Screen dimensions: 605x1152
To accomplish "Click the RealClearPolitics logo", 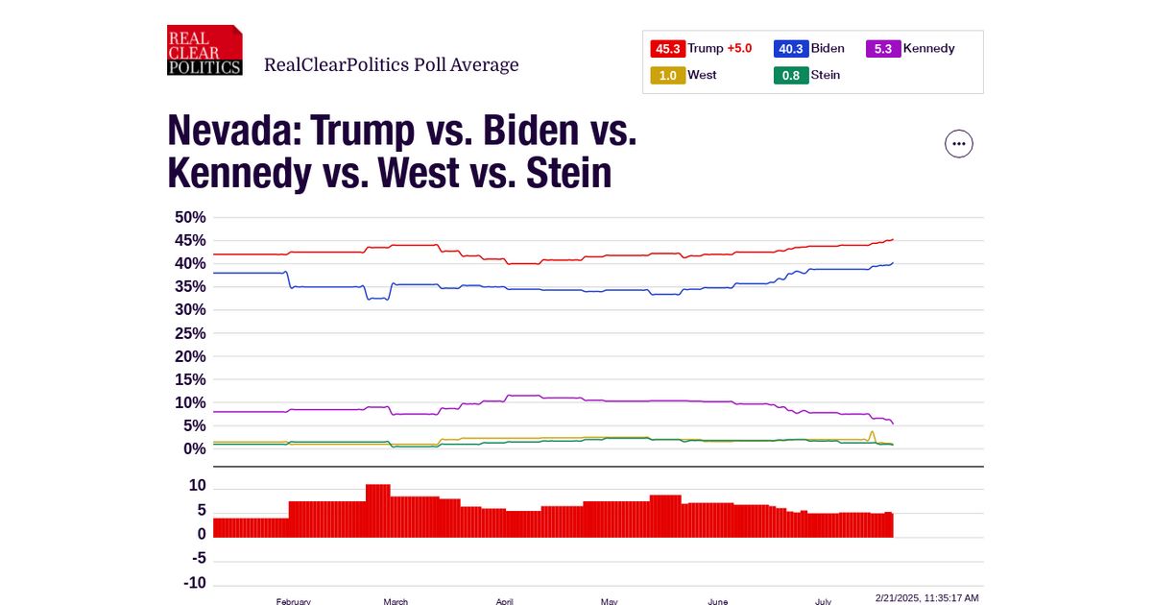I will pyautogui.click(x=204, y=50).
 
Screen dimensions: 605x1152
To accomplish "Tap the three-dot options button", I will pyautogui.click(x=959, y=144).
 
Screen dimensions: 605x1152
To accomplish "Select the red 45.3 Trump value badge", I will pyautogui.click(x=667, y=49).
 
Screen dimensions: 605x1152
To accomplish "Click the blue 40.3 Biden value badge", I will pyautogui.click(x=790, y=49).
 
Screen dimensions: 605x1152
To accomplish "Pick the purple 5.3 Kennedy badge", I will pyautogui.click(x=883, y=49).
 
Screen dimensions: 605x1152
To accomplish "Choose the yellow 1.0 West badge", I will pyautogui.click(x=667, y=75).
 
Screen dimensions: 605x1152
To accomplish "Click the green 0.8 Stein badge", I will pyautogui.click(x=790, y=75).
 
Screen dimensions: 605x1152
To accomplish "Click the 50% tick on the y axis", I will pyautogui.click(x=190, y=217).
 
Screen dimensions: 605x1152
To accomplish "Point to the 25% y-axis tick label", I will pyautogui.click(x=190, y=333).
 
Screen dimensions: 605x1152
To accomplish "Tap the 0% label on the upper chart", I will pyautogui.click(x=195, y=449).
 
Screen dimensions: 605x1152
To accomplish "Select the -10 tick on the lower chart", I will pyautogui.click(x=196, y=583).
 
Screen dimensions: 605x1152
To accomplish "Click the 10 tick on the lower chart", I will pyautogui.click(x=198, y=486).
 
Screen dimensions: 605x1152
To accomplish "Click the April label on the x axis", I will pyautogui.click(x=505, y=601).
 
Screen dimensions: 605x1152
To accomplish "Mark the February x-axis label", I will pyautogui.click(x=293, y=601).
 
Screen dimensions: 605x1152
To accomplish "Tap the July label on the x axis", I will pyautogui.click(x=823, y=601).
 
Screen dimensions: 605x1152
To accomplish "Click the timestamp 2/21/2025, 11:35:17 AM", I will pyautogui.click(x=926, y=597).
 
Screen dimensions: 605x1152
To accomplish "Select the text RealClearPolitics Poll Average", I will pyautogui.click(x=391, y=65).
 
